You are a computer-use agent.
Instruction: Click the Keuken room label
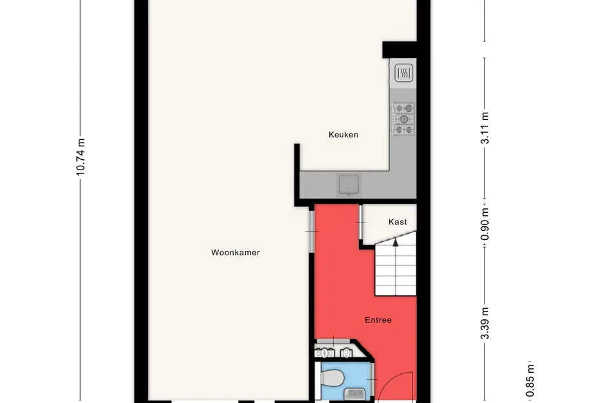coord(343,135)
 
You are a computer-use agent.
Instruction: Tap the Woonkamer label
coord(235,253)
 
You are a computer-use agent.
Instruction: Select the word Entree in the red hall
coord(378,320)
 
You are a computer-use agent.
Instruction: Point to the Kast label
coord(398,222)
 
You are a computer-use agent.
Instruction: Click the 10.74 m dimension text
coord(80,157)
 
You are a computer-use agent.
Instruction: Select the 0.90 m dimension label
coord(485,220)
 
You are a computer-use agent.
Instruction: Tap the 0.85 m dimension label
coord(530,382)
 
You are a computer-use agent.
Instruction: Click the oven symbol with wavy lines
coord(404,73)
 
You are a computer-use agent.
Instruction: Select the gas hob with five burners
coord(404,119)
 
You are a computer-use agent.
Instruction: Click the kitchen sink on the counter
coord(349,184)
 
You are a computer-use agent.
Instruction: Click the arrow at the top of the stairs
coord(395,242)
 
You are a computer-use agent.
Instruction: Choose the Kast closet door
coord(360,222)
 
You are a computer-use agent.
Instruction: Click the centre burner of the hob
coord(404,119)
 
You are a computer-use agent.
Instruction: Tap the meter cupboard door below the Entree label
coord(333,342)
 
